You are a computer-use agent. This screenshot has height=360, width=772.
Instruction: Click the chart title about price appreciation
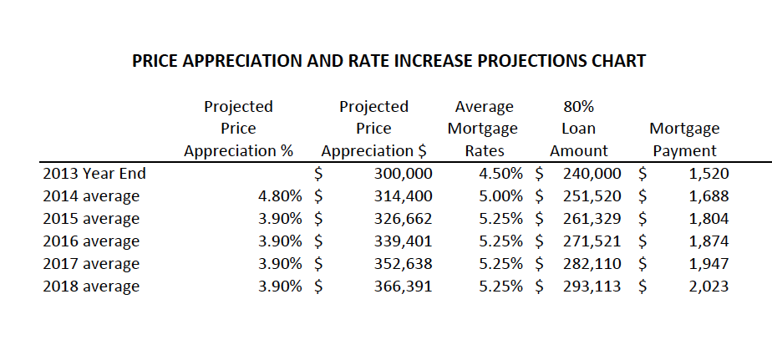coord(389,62)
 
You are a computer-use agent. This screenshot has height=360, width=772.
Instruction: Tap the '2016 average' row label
coord(91,241)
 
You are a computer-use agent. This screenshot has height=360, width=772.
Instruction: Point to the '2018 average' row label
coord(91,286)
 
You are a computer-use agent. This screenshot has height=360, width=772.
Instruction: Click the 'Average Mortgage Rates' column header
coord(483,129)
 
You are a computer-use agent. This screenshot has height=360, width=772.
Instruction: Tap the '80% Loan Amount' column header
coord(578,129)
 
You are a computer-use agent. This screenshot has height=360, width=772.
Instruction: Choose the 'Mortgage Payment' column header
coord(684,139)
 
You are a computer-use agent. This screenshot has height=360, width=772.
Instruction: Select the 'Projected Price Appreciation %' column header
coord(238,129)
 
